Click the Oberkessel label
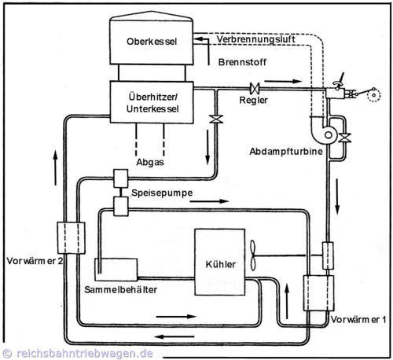[x=152, y=42]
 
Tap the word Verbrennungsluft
[x=255, y=39]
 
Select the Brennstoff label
[x=242, y=62]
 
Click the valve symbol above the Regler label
[x=255, y=89]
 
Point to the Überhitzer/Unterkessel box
[x=152, y=102]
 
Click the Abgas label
[x=150, y=162]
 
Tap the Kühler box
[x=220, y=262]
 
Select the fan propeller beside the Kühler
[x=253, y=255]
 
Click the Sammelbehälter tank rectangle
[x=116, y=270]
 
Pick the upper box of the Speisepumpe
[x=121, y=178]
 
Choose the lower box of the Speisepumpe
[x=121, y=207]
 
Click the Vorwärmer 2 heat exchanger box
[x=71, y=238]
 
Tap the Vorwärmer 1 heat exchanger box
[x=318, y=293]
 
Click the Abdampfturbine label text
[x=286, y=152]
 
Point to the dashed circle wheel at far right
[x=373, y=95]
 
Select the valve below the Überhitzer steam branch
[x=216, y=119]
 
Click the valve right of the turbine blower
[x=344, y=138]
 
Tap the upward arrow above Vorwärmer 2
[x=55, y=168]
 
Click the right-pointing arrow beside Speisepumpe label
[x=210, y=201]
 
